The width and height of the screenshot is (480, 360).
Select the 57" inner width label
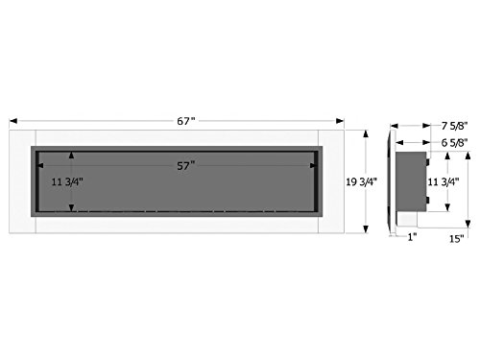click(186, 166)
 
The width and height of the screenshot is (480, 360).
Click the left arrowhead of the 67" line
click(12, 121)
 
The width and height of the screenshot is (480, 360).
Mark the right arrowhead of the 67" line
click(343, 121)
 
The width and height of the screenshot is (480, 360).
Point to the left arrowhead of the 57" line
click(39, 166)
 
